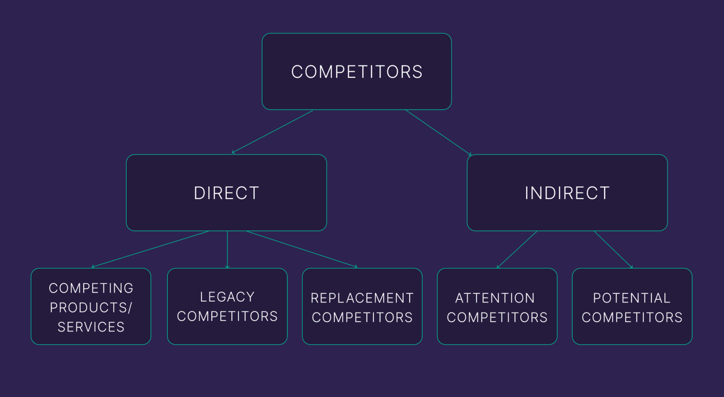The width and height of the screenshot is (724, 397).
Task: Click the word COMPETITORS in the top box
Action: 357,72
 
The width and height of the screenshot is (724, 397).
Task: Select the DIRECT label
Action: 226,193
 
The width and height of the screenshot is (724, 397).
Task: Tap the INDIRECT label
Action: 567,193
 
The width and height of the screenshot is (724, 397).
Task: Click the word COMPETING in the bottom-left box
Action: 91,288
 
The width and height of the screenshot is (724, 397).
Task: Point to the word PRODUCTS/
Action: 91,307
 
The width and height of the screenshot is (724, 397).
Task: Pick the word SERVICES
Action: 91,327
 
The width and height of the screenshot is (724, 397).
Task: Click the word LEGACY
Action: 227,297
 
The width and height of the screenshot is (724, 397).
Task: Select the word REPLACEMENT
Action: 362,298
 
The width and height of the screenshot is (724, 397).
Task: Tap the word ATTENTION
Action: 495,298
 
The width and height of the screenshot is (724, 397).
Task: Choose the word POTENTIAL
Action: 632,298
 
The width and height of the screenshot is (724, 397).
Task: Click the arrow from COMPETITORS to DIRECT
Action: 272,132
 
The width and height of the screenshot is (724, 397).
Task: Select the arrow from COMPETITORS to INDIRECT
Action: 438,132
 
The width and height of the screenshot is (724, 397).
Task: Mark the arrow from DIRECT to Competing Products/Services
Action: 150,249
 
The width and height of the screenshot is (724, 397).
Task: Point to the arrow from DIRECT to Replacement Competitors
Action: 302,249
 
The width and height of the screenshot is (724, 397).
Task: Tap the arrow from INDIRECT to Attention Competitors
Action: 517,250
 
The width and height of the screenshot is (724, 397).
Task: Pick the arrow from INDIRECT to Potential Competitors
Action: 613,250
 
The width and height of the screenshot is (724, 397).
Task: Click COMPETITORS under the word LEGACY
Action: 227,316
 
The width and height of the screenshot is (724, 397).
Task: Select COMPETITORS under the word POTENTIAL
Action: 632,317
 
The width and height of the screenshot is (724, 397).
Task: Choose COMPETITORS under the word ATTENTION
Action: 497,317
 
